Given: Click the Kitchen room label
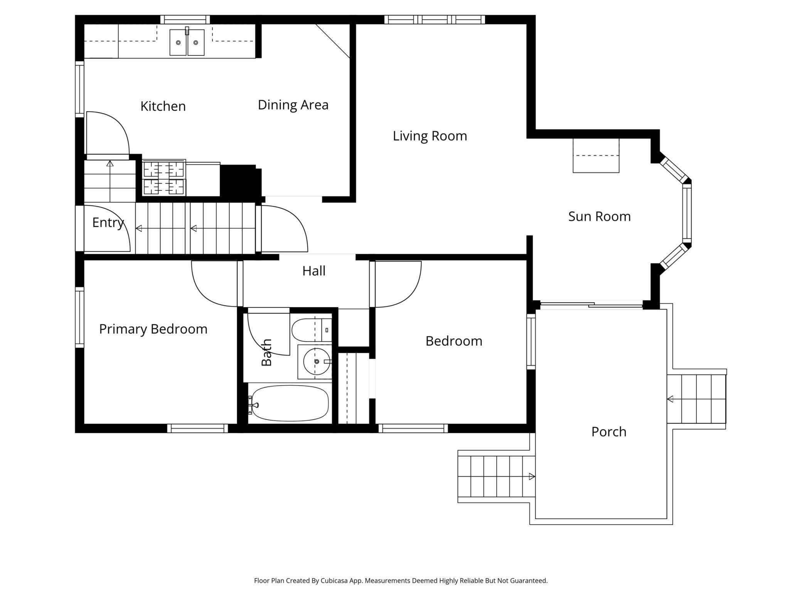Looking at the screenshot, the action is coord(163,106).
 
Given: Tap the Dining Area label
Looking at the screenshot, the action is coord(293,105).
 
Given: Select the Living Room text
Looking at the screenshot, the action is coord(430,136).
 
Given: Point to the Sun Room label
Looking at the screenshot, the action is coord(600,217).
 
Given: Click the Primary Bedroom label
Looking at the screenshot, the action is coord(153,329).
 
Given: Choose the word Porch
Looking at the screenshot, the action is coord(609,432).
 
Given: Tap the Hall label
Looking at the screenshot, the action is coord(314,271).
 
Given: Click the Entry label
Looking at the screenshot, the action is coord(108,223).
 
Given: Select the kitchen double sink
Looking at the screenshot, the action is coord(187,42).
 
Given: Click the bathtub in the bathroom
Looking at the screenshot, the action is coord(290,403).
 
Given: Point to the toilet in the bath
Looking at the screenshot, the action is coord(312,330).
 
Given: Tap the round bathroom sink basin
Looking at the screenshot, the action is coord(316,361).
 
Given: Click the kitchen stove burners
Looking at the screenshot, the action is coord(164,178).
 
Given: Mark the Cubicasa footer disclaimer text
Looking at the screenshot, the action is coord(401,581).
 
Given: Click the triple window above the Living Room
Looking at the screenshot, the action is coord(435,20).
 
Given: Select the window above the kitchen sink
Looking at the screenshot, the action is coord(185,20).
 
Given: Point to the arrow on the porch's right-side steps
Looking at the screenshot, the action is coord(670,399).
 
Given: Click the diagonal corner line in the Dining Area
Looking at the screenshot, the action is coord(333,41).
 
